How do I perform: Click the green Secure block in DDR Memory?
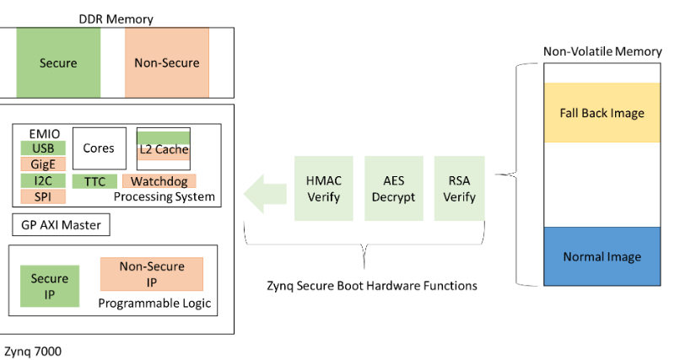(x=58, y=62)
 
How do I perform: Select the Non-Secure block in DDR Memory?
(x=167, y=62)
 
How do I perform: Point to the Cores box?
(x=99, y=148)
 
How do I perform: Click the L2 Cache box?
(x=164, y=149)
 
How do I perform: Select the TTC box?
(x=94, y=181)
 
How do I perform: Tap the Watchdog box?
(x=159, y=181)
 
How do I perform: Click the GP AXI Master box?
(x=62, y=225)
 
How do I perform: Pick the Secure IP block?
(x=50, y=286)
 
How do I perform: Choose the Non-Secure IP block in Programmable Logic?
(x=152, y=274)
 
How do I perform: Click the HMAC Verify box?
(x=323, y=189)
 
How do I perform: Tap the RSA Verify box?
(x=459, y=189)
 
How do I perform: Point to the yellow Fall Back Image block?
(x=602, y=112)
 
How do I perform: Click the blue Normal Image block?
(x=602, y=256)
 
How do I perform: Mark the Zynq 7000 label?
(x=33, y=350)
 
